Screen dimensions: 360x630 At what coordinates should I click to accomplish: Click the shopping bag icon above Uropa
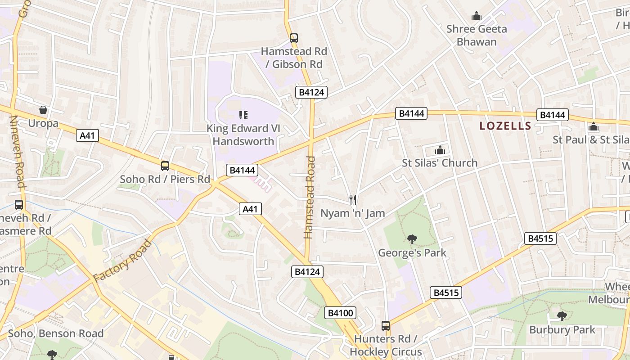tap(43, 110)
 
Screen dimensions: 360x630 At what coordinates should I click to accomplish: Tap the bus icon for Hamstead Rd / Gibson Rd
tap(294, 38)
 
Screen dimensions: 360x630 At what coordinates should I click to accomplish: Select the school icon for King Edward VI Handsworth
tap(243, 115)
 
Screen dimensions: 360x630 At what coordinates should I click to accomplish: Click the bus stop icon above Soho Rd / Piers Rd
tap(165, 166)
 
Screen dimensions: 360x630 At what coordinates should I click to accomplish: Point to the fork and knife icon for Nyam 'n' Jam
tap(353, 199)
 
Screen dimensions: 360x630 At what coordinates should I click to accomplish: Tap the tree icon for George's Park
tap(412, 239)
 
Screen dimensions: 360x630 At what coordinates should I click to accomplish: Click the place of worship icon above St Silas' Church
tap(440, 150)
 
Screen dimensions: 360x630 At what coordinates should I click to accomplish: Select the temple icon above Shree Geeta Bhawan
tap(476, 16)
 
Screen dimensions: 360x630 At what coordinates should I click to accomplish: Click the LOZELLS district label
tap(505, 126)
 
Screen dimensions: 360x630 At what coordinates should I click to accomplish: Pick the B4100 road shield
tap(340, 313)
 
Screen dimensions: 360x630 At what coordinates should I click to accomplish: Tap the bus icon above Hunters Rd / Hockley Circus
tap(386, 325)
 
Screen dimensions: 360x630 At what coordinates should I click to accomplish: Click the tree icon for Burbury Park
tap(562, 316)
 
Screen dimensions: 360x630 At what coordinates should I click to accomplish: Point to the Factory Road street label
tap(122, 261)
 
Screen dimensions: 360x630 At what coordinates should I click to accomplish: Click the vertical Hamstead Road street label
tap(309, 197)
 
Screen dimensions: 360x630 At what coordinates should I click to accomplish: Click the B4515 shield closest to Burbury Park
tap(540, 238)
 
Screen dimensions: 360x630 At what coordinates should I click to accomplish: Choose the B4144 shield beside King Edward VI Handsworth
tap(242, 170)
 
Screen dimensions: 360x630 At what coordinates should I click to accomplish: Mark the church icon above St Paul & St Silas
tap(593, 126)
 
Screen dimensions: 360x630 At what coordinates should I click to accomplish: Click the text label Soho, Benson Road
tap(56, 333)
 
